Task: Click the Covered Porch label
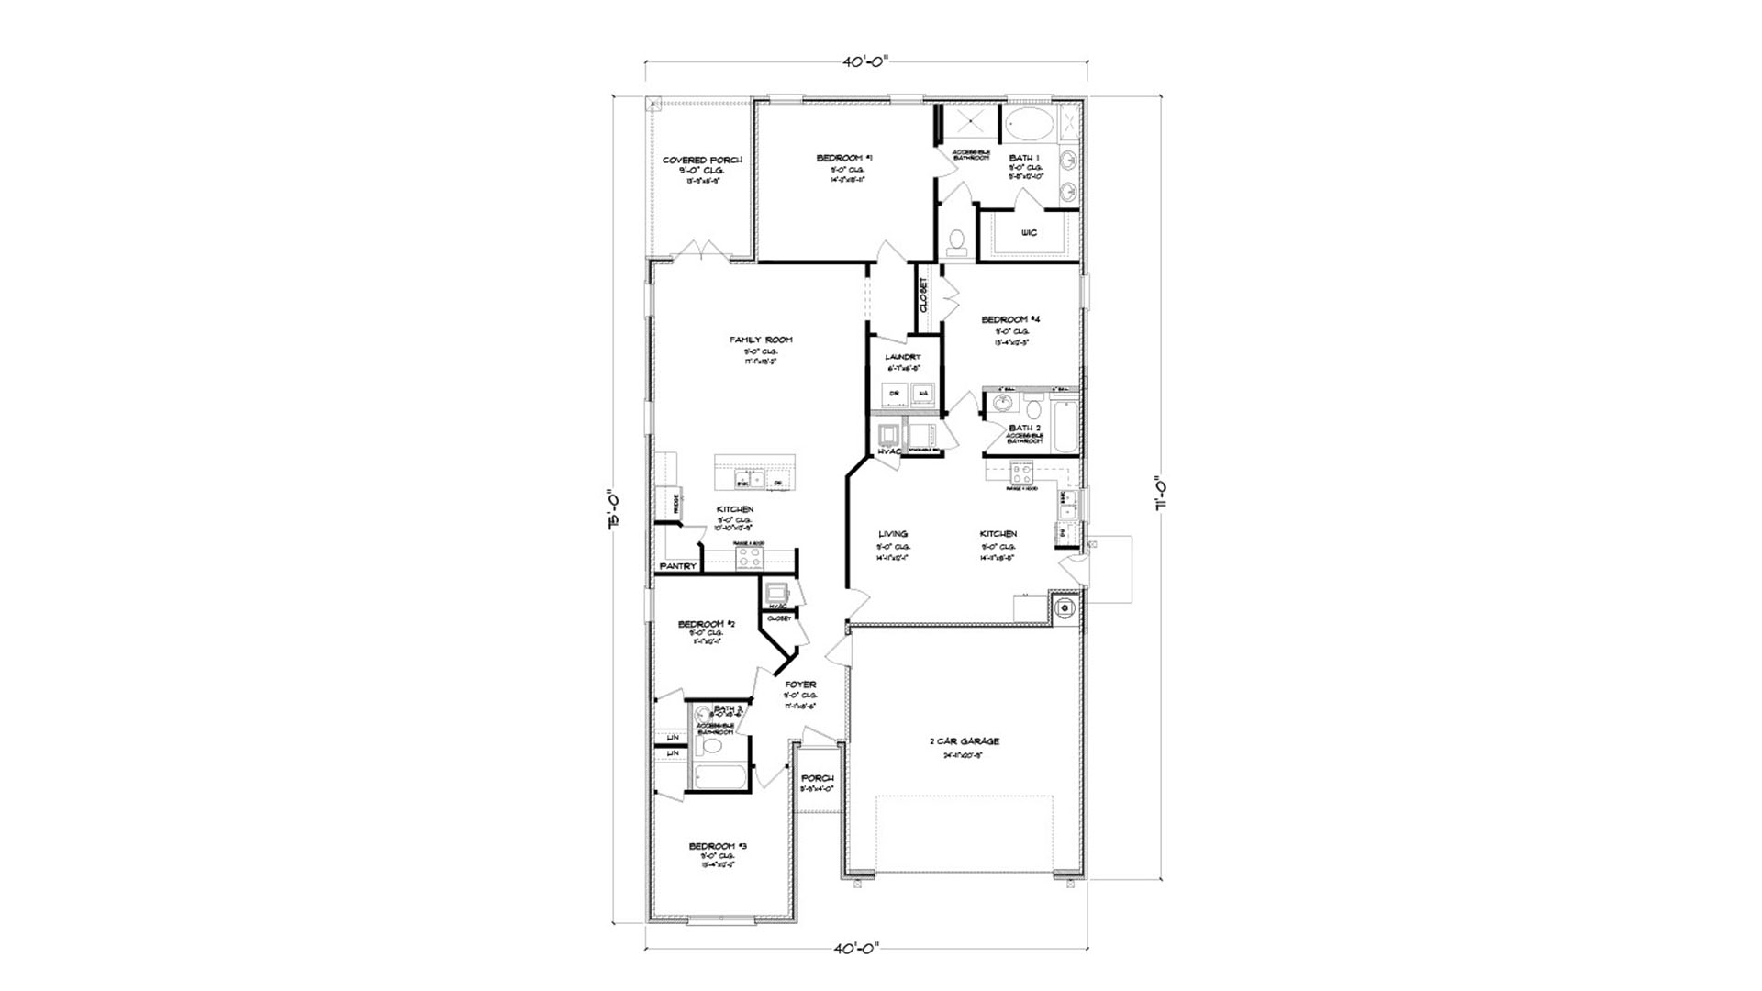pos(702,161)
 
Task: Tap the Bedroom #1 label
pos(844,159)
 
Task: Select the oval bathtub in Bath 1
pos(1027,123)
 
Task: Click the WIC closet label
pos(1029,233)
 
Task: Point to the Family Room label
pos(761,340)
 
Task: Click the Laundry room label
pos(902,357)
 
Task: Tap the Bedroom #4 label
pos(1010,320)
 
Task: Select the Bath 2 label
pos(1025,428)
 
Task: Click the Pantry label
pos(677,567)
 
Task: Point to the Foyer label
pos(800,685)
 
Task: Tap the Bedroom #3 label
pos(719,846)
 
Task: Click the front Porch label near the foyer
pos(817,778)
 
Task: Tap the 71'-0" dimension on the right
pos(1161,495)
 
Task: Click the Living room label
pos(893,534)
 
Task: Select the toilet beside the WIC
pos(956,242)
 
